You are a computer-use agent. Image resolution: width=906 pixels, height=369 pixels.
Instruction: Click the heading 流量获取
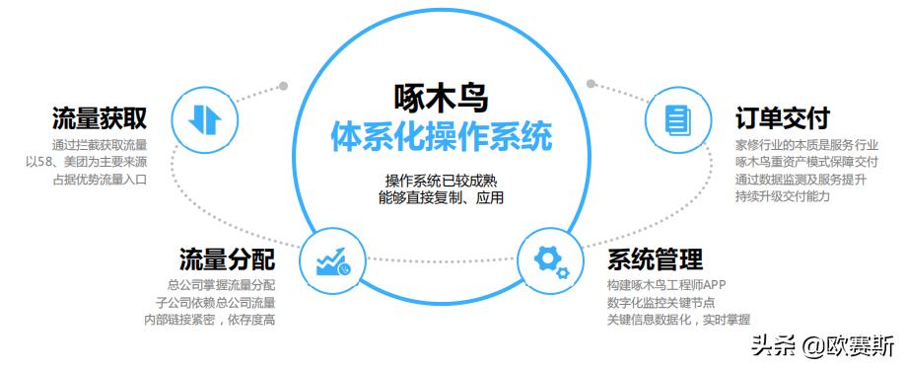point(100,119)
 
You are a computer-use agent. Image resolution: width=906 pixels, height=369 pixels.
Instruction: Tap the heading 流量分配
point(227,259)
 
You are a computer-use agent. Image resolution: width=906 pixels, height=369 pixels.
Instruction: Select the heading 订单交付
point(782,119)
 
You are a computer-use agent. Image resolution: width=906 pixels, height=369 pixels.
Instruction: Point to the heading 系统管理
point(655,259)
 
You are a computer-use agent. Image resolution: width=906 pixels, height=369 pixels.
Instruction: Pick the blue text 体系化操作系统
point(440,137)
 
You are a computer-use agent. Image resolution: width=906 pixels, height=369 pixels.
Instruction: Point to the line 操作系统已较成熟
point(440,181)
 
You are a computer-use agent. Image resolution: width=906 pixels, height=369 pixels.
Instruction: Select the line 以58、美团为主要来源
point(87,163)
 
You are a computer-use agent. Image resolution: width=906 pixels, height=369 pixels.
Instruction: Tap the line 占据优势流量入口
point(98,180)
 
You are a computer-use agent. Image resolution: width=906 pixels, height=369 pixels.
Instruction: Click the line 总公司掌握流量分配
point(221,286)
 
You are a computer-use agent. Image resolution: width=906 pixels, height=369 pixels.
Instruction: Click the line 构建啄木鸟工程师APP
point(667,286)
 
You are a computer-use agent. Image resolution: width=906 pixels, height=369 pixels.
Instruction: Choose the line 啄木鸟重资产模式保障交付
point(806,163)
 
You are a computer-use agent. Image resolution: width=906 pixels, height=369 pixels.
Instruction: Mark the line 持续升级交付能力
point(783,196)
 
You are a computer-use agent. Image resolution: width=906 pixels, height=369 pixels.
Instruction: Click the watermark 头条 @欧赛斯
point(822,346)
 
